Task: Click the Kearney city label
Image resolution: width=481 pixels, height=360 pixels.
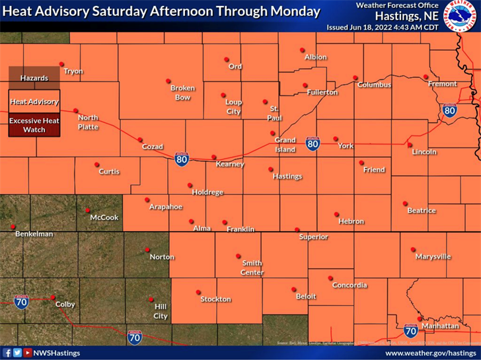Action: click(230, 164)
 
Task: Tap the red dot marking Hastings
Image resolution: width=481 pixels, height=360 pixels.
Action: click(272, 169)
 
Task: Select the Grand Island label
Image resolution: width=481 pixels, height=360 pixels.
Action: click(285, 144)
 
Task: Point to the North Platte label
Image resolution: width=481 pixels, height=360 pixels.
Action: click(88, 122)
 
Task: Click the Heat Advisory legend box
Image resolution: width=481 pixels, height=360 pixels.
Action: click(34, 102)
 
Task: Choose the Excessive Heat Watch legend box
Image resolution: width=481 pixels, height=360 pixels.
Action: click(34, 125)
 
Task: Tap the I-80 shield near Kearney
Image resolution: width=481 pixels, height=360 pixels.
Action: click(182, 159)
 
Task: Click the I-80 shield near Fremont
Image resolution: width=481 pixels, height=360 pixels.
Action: click(449, 110)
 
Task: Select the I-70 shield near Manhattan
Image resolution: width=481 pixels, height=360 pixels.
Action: click(411, 331)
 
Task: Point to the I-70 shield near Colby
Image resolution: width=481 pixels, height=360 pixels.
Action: click(21, 303)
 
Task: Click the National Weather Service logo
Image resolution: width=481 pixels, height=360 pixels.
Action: click(461, 17)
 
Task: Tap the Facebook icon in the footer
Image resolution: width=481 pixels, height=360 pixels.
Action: click(7, 353)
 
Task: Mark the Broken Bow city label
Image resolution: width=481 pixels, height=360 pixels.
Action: click(181, 92)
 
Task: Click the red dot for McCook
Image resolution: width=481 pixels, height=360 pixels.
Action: click(87, 211)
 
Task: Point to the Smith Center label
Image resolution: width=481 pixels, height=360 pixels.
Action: click(252, 268)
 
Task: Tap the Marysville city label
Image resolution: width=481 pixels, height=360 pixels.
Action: click(433, 256)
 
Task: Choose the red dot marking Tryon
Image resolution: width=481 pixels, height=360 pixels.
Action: click(61, 64)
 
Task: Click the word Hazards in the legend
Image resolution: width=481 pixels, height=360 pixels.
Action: click(34, 78)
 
